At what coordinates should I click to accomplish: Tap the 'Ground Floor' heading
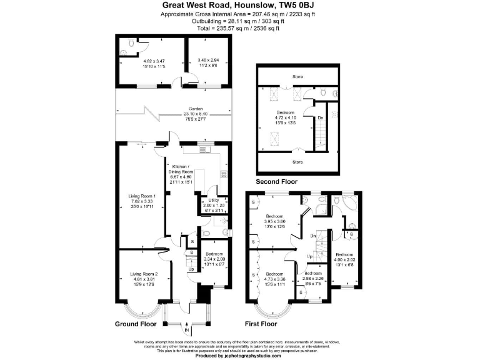pyautogui.click(x=136, y=324)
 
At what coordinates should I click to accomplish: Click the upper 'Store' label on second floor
pyautogui.click(x=297, y=77)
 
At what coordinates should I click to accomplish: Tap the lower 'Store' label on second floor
pyautogui.click(x=297, y=162)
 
